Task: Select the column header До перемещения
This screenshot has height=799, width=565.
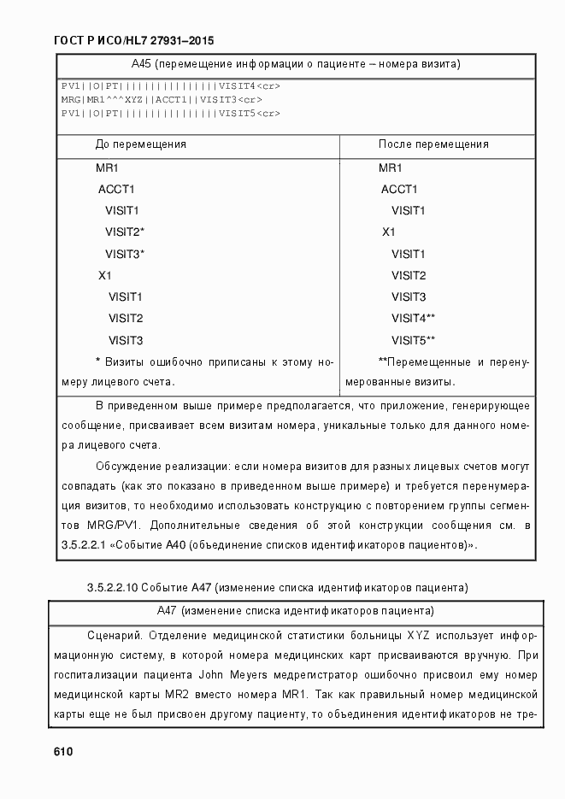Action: pyautogui.click(x=140, y=144)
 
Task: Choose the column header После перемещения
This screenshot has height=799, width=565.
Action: pyautogui.click(x=433, y=144)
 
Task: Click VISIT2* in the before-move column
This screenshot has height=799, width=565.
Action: pyautogui.click(x=125, y=232)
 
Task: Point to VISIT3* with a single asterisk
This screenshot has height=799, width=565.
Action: pyautogui.click(x=125, y=254)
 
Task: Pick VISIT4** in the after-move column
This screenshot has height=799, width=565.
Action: pyautogui.click(x=414, y=319)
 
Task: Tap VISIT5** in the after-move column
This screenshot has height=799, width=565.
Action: pyautogui.click(x=414, y=340)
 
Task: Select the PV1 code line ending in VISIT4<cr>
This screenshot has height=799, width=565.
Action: pyautogui.click(x=170, y=86)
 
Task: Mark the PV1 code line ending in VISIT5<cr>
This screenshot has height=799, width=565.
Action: pyautogui.click(x=170, y=113)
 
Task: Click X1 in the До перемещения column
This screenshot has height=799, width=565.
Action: pyautogui.click(x=105, y=275)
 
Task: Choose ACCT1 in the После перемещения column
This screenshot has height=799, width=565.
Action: pyautogui.click(x=399, y=189)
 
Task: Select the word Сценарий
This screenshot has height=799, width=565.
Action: pyautogui.click(x=115, y=636)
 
